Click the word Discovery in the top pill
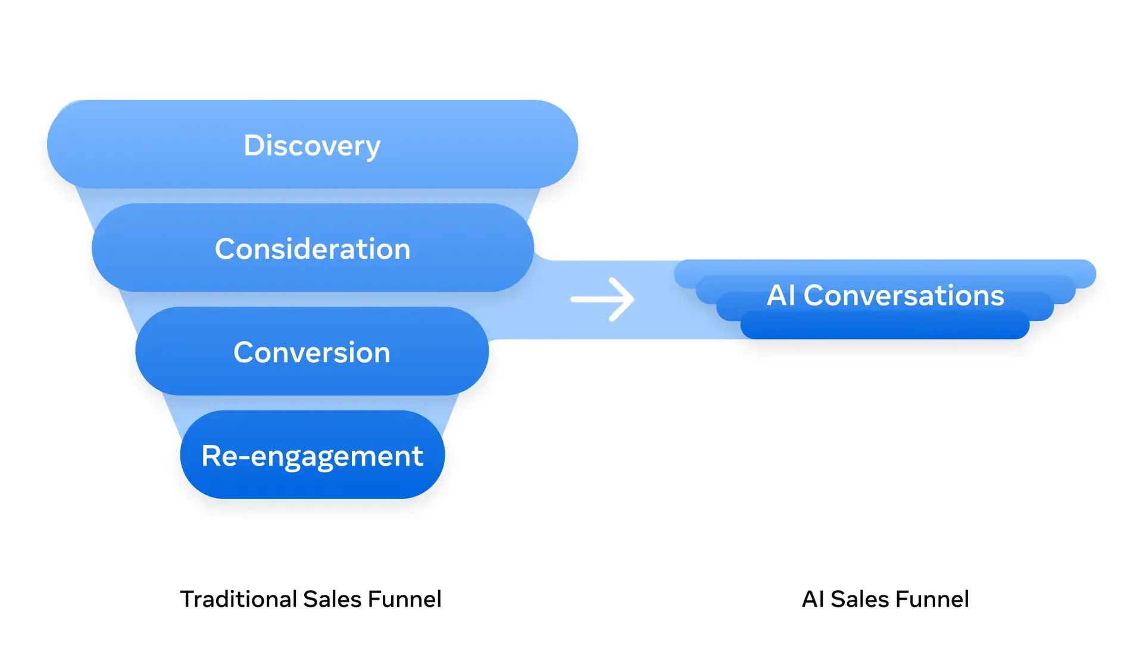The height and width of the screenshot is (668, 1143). pyautogui.click(x=312, y=146)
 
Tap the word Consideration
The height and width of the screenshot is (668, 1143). pyautogui.click(x=313, y=249)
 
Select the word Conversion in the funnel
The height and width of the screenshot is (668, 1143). pyautogui.click(x=311, y=352)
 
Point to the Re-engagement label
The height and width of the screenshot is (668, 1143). pyautogui.click(x=312, y=456)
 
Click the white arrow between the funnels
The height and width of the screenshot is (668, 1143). pyautogui.click(x=602, y=299)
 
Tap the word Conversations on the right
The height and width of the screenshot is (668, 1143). pyautogui.click(x=903, y=296)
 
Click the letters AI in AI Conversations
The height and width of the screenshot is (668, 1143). pyautogui.click(x=780, y=296)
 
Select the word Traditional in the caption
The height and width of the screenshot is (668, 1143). pyautogui.click(x=238, y=599)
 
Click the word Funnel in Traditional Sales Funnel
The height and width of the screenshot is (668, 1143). pyautogui.click(x=404, y=599)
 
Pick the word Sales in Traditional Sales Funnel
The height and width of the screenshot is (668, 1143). pyautogui.click(x=332, y=599)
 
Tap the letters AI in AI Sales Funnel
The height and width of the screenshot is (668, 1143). pyautogui.click(x=812, y=599)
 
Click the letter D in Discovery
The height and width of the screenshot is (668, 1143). pyautogui.click(x=254, y=146)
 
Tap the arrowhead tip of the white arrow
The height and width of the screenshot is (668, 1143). pyautogui.click(x=632, y=299)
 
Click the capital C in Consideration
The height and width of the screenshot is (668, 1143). pyautogui.click(x=225, y=249)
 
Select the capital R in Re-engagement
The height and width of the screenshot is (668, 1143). pyautogui.click(x=211, y=456)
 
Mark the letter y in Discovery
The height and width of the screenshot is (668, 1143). pyautogui.click(x=373, y=148)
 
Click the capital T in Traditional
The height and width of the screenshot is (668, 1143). pyautogui.click(x=187, y=599)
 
